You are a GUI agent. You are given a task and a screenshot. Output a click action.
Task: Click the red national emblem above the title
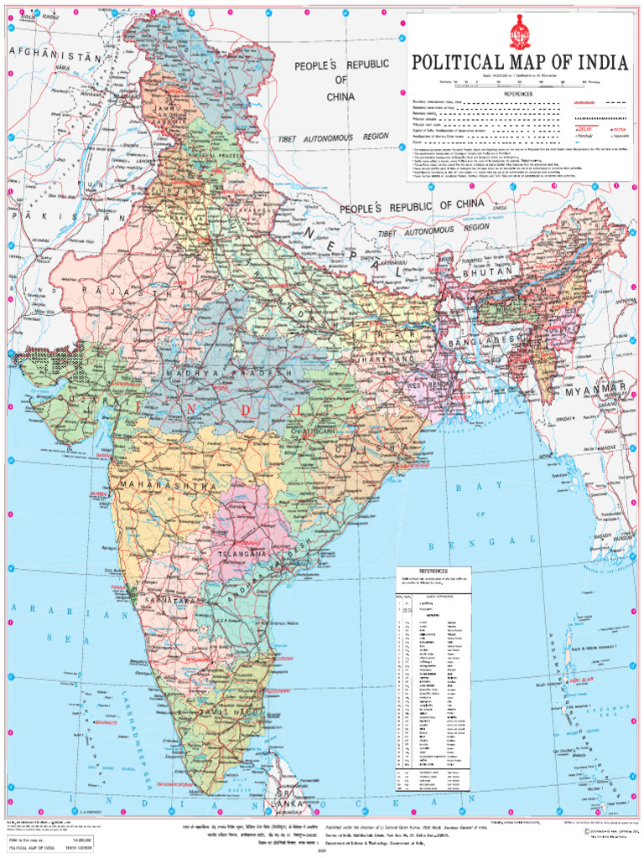point(520,35)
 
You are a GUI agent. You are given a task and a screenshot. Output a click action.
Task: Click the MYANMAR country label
point(595,391)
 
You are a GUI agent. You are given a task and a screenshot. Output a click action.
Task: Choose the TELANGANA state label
point(242,555)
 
